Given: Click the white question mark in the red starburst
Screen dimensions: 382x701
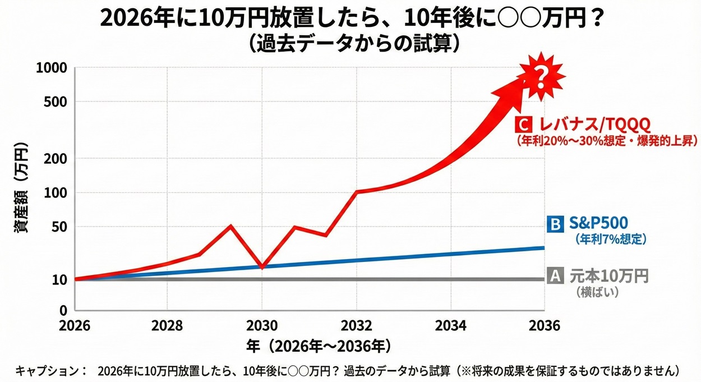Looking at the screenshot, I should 540,76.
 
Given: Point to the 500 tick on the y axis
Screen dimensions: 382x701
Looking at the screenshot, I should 56,102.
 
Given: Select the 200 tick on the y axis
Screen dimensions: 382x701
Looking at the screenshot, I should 56,159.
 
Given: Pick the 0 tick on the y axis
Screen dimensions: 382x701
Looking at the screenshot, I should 63,310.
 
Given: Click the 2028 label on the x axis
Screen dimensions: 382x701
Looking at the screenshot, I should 168,325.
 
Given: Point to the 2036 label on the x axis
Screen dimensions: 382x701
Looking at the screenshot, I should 544,325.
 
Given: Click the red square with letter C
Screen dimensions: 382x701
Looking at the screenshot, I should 525,123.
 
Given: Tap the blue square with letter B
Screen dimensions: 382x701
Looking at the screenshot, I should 554,224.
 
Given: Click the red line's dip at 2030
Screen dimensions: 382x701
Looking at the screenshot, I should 262,265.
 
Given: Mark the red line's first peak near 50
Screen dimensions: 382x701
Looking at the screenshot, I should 231,226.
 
